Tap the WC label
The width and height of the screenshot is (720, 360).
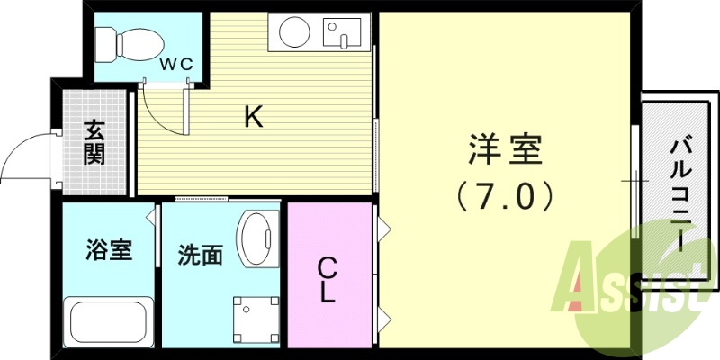point(175,65)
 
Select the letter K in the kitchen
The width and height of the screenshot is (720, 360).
point(254,116)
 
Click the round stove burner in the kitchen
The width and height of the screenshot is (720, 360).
point(294,35)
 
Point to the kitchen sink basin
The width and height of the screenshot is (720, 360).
point(340,34)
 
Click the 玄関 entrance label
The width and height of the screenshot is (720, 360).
point(94,142)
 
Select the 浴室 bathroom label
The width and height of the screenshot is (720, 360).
point(110,249)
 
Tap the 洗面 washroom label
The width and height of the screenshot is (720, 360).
point(200,255)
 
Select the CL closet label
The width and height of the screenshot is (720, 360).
point(328,279)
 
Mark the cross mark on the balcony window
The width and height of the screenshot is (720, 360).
point(635,183)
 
